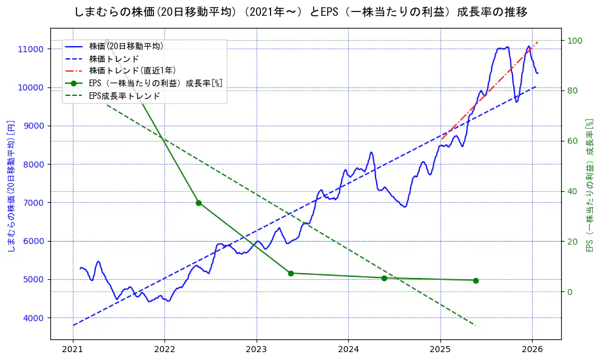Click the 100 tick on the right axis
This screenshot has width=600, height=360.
point(575,41)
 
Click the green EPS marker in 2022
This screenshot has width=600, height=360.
point(198,203)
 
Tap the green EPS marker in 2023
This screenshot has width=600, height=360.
point(291,273)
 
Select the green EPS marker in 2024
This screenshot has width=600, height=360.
point(384,278)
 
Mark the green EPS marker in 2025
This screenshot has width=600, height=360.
point(476,280)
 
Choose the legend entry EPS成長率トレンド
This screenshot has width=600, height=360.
point(124,96)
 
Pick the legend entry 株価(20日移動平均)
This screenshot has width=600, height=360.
point(126,46)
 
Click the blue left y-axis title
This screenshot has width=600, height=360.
point(10,186)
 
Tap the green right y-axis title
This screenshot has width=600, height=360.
point(588,185)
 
